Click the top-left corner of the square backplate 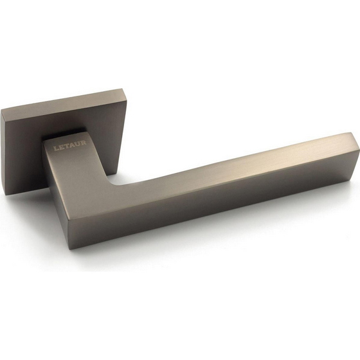click(x=1, y=110)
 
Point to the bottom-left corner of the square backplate click(x=6, y=195)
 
